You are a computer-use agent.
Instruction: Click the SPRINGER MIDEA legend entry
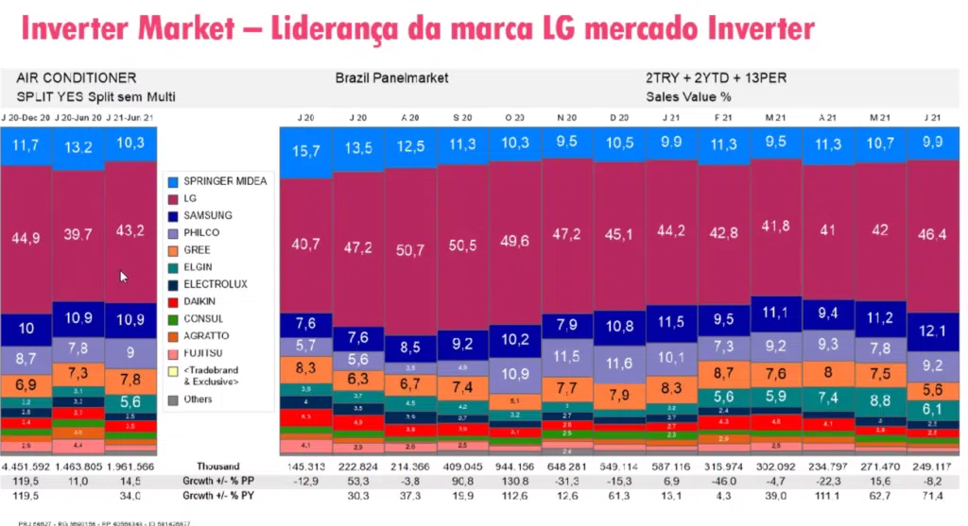pos(224,180)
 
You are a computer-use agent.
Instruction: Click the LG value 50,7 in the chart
pos(410,250)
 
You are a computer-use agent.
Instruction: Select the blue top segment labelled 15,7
pos(304,151)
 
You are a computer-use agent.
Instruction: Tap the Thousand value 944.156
pos(513,467)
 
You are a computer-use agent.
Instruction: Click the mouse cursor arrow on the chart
pos(124,277)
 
